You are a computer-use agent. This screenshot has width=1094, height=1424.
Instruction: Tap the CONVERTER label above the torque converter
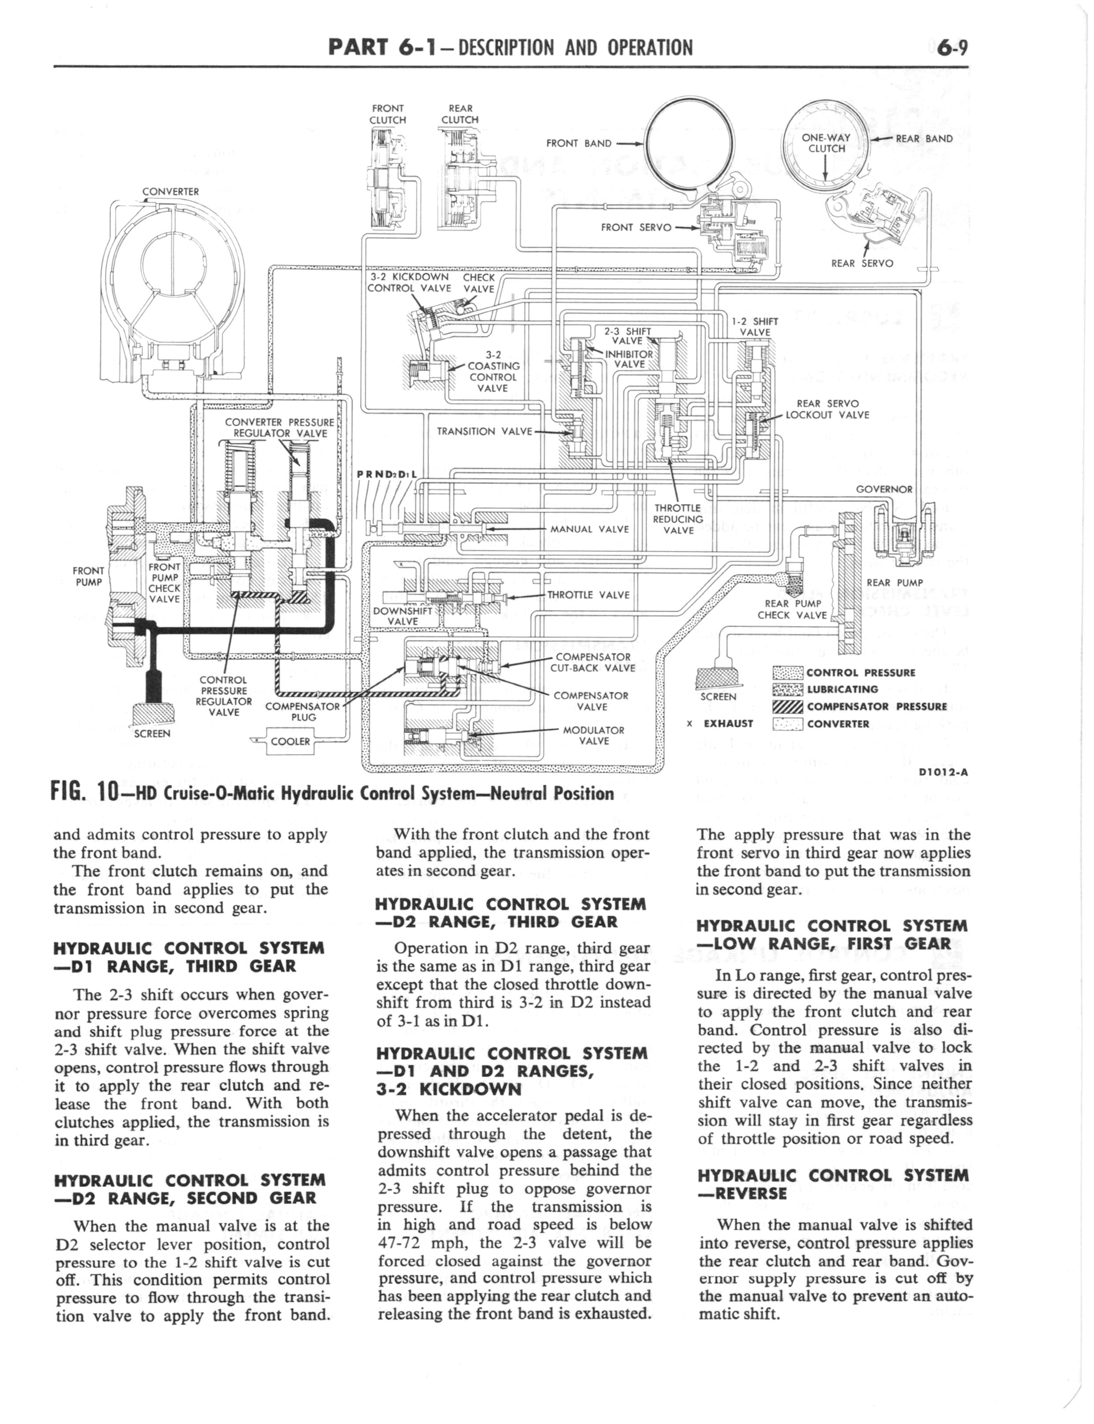click(x=171, y=192)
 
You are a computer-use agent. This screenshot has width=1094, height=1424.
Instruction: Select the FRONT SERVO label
click(x=636, y=227)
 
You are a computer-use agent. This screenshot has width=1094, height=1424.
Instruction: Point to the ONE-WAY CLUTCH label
click(x=826, y=143)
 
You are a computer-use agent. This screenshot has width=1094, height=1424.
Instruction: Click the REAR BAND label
click(x=924, y=138)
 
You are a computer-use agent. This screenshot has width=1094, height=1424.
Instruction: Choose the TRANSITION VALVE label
click(x=484, y=431)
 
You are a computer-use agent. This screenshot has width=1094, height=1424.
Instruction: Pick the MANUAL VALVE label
click(x=589, y=529)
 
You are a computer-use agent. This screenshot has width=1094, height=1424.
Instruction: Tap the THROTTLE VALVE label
click(x=588, y=595)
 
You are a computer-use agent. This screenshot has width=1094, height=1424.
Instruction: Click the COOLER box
click(x=290, y=741)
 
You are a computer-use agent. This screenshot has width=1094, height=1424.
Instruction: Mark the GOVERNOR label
click(x=884, y=490)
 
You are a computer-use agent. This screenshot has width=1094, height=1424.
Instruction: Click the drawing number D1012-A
click(x=944, y=773)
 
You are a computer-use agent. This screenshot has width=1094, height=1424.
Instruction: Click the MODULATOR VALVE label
click(x=593, y=736)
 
